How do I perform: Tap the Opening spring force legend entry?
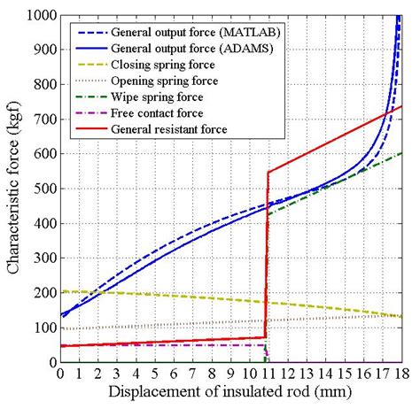(x=163, y=80)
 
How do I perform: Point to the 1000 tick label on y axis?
(x=37, y=16)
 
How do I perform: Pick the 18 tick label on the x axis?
(x=402, y=374)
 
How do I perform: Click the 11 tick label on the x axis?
(x=268, y=374)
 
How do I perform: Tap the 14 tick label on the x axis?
(x=325, y=374)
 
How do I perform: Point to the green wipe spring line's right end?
(x=401, y=153)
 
